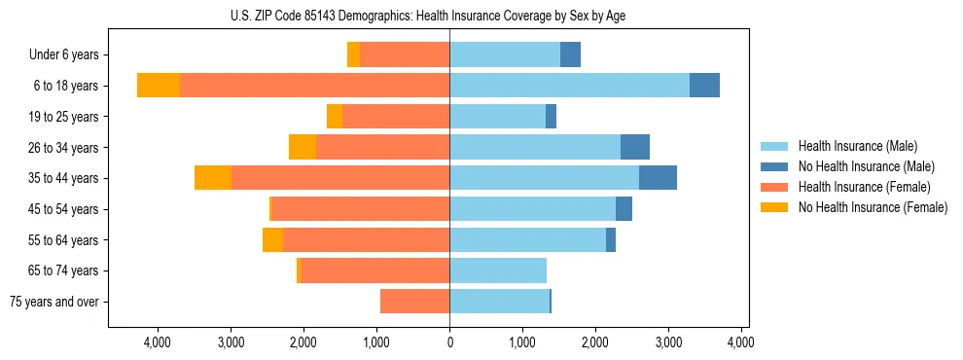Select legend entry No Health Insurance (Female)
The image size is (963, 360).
pos(873,207)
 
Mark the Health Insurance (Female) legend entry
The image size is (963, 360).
pos(865,187)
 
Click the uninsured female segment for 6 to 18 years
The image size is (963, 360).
pos(159,86)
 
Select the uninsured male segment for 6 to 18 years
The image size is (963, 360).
pos(704,86)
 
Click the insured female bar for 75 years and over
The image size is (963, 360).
pos(414,302)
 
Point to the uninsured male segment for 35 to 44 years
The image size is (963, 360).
pos(658,178)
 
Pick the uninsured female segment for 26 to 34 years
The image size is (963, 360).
pos(303,147)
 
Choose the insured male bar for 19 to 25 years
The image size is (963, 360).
pos(497,117)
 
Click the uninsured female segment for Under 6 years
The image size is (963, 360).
pos(353,55)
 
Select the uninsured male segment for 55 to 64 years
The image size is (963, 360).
pos(611,239)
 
